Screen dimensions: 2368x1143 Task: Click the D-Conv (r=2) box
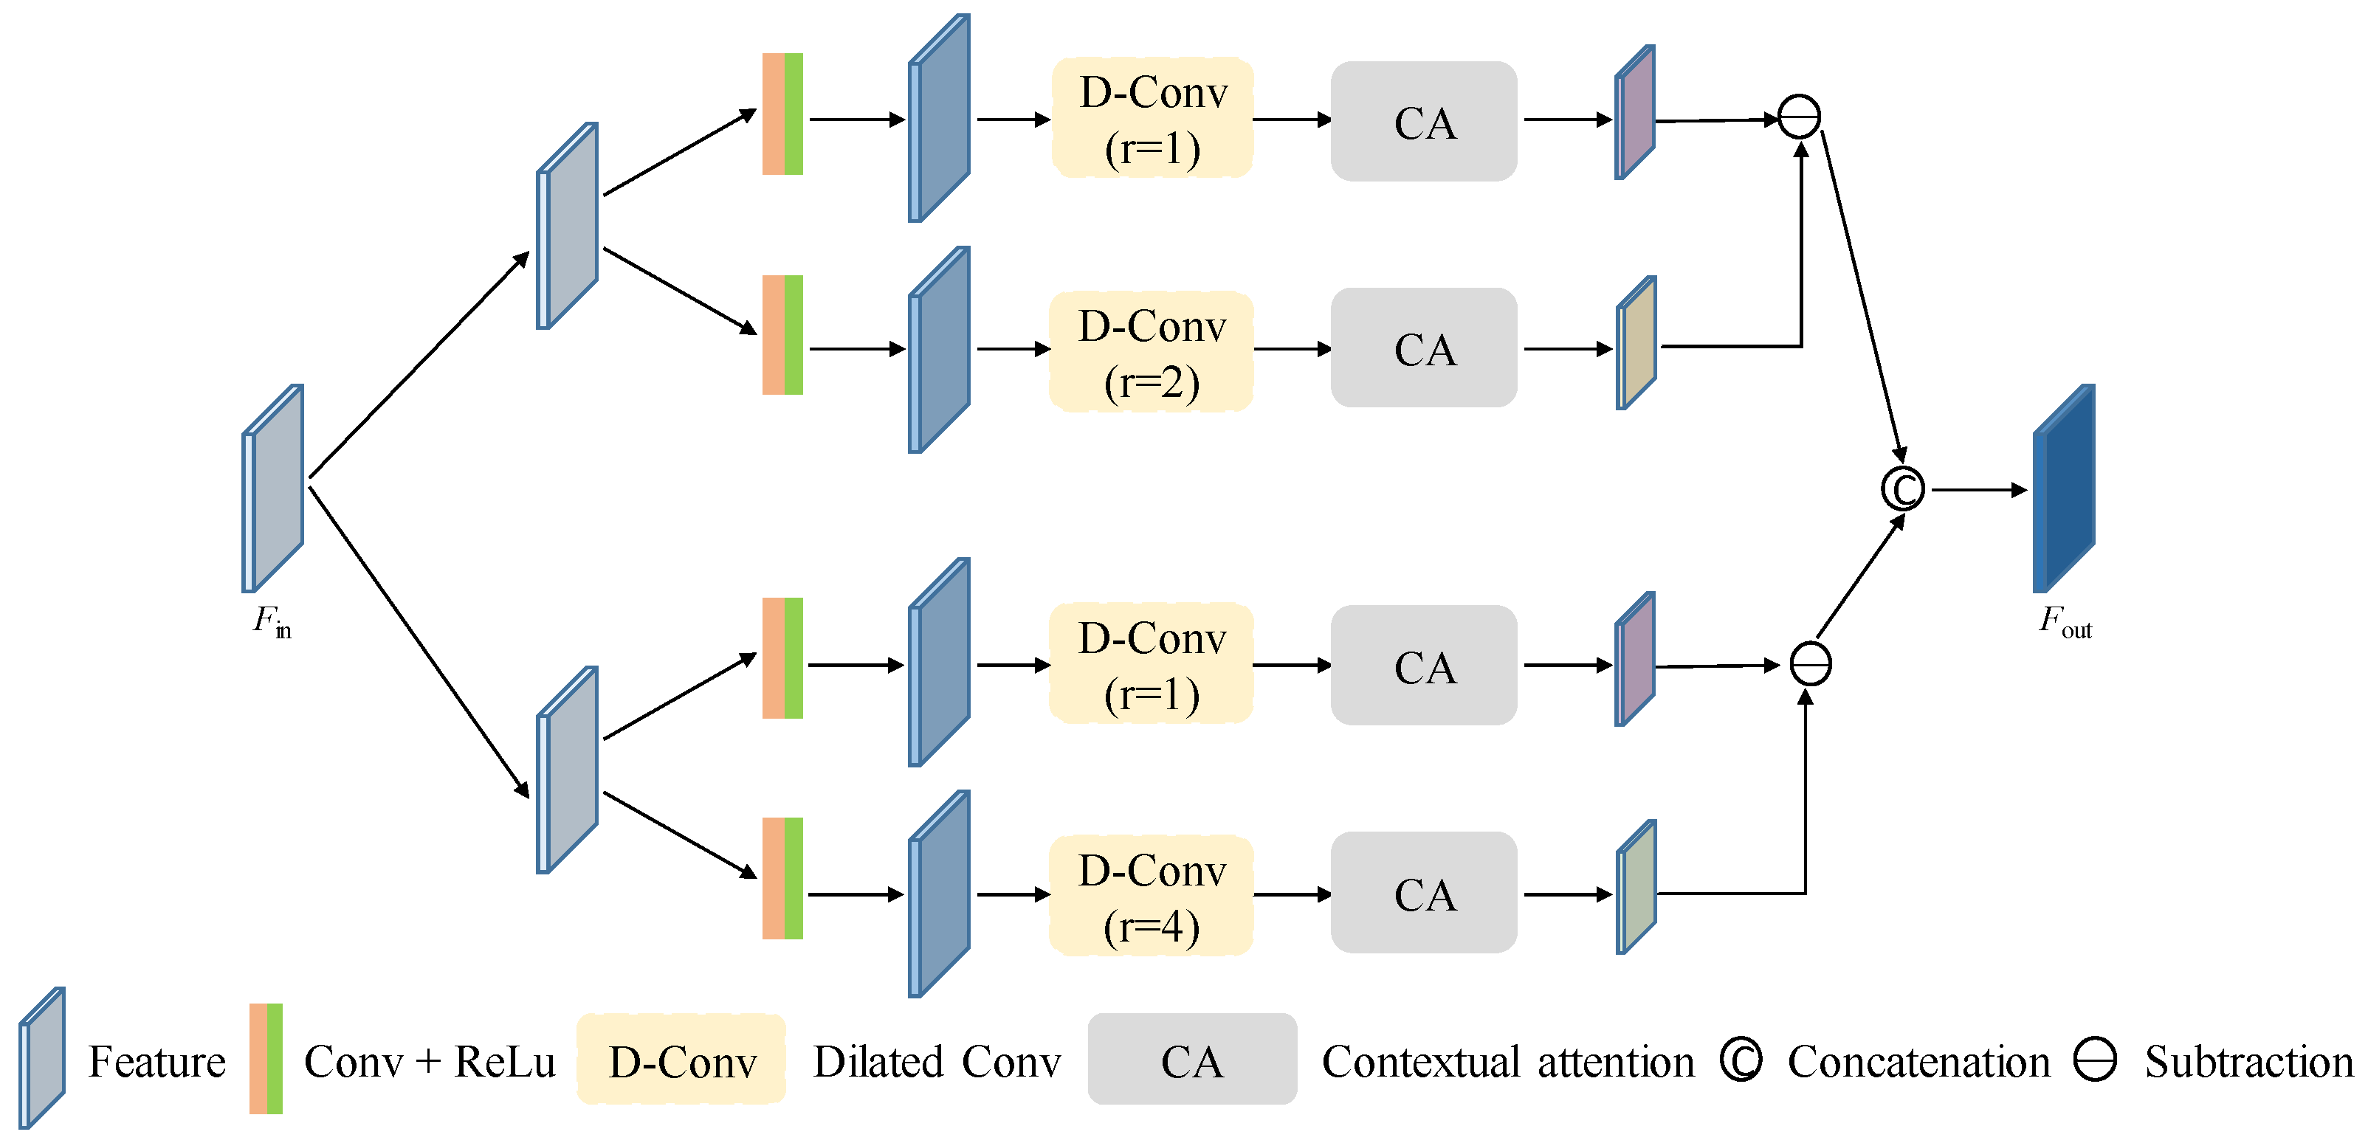click(1151, 351)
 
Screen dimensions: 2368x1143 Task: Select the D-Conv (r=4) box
click(1151, 895)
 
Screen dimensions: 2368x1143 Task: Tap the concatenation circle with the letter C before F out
click(1902, 488)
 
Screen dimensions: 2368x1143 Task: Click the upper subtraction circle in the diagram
click(1799, 117)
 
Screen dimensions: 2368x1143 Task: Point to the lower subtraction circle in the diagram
click(1810, 663)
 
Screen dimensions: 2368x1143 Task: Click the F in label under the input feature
click(272, 622)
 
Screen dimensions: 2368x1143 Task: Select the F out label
click(2065, 622)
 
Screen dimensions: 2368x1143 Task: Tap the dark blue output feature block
click(2064, 488)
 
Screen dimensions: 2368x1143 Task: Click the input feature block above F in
click(272, 488)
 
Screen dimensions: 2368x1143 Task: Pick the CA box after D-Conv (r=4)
click(1424, 892)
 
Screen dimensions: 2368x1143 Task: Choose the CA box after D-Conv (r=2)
click(1424, 348)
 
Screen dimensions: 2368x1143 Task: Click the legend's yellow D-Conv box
click(681, 1060)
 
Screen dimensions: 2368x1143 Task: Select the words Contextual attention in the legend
click(1507, 1062)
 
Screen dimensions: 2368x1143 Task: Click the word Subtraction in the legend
click(2248, 1062)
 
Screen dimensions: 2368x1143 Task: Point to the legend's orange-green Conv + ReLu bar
click(266, 1058)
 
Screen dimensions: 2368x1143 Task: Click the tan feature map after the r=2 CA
click(1636, 342)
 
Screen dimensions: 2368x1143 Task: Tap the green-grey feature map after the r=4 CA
click(1636, 888)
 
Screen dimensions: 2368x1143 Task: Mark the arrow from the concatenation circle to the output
click(1979, 490)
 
